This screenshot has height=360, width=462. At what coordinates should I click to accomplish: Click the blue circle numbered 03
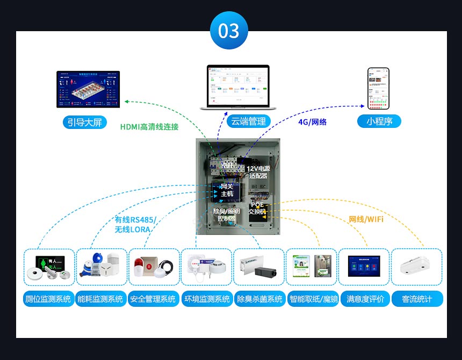229,30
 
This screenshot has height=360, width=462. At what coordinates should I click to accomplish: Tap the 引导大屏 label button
84,122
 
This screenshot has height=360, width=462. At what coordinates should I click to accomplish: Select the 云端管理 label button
247,121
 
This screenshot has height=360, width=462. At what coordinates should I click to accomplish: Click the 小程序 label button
379,121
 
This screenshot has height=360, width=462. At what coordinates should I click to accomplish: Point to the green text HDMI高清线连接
149,127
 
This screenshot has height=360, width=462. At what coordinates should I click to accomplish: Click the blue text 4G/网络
312,122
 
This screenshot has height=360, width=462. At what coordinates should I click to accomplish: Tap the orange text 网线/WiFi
366,219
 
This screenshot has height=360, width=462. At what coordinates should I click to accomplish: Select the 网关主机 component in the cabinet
227,190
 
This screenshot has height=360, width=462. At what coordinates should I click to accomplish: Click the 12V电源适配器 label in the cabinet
258,172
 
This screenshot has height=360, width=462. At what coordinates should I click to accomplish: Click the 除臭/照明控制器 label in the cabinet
227,215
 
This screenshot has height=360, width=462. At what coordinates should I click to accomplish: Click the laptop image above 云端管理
238,87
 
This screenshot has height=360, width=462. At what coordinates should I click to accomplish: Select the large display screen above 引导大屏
88,89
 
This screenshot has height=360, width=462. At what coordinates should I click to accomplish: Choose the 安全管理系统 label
153,299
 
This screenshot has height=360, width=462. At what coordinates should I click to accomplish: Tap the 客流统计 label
417,299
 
